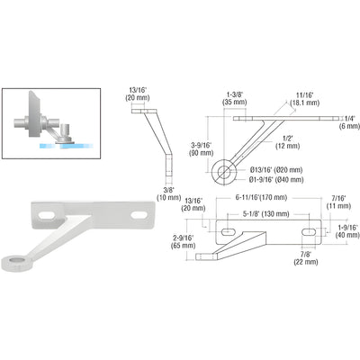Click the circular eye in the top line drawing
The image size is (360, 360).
(x=223, y=167)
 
